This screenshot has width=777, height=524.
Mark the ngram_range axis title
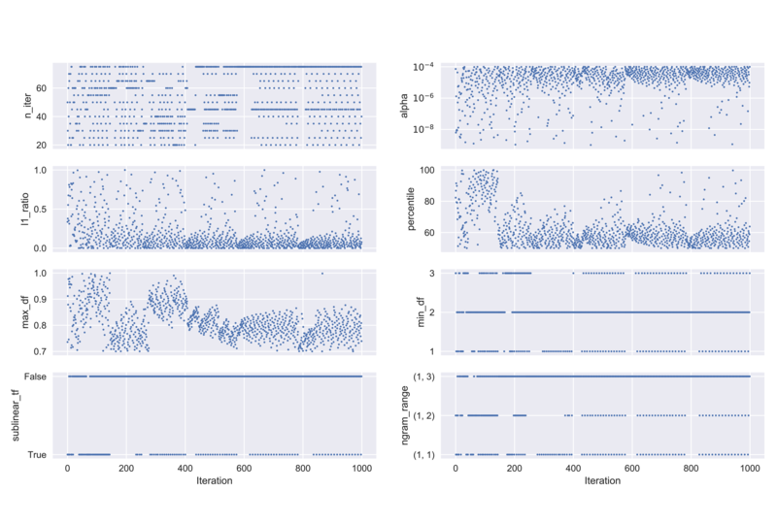pos(404,414)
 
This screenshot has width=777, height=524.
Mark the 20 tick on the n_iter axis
pos(46,146)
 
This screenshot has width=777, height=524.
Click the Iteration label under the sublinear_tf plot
pos(215,480)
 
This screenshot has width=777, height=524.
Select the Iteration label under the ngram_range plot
pos(603,480)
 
